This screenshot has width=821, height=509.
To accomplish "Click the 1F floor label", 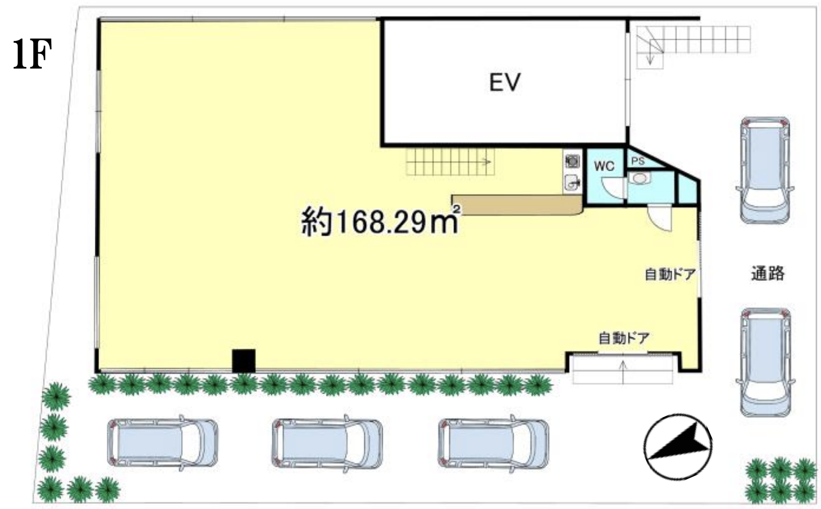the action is (32, 54).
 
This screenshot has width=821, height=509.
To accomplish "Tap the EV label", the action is (505, 82).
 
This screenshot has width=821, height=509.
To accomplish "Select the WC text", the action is (604, 166).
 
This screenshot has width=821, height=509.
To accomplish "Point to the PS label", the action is (638, 161).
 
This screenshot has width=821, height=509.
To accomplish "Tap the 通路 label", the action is (768, 273).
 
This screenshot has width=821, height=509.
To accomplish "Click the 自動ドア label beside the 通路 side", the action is (670, 274).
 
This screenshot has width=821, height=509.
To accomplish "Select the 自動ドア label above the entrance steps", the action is (624, 338).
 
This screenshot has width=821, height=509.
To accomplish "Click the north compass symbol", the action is (678, 447).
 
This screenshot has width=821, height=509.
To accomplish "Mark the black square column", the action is (244, 361).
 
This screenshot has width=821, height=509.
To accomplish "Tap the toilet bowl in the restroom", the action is (640, 179).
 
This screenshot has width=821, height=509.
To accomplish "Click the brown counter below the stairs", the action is (517, 205).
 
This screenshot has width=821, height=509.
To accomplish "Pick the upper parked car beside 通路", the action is (765, 170).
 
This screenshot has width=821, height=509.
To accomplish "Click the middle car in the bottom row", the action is (327, 444).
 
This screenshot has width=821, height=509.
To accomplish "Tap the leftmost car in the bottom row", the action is (163, 443).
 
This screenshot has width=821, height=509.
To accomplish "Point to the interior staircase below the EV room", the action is (450, 162).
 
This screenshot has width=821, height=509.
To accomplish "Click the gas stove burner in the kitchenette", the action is (572, 161).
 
